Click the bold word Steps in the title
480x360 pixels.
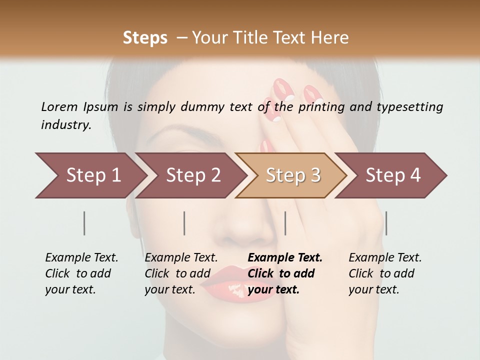tap(145, 37)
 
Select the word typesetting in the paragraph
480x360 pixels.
tap(410, 107)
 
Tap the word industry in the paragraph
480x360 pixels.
tap(65, 125)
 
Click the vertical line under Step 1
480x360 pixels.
tap(84, 223)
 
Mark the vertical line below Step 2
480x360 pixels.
tap(184, 223)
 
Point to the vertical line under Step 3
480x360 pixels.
tap(285, 223)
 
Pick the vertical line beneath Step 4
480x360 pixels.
tap(386, 223)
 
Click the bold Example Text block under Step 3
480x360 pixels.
tap(285, 273)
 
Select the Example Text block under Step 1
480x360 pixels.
tap(81, 273)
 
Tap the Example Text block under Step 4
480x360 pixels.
tap(385, 273)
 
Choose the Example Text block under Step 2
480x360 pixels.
tap(181, 273)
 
